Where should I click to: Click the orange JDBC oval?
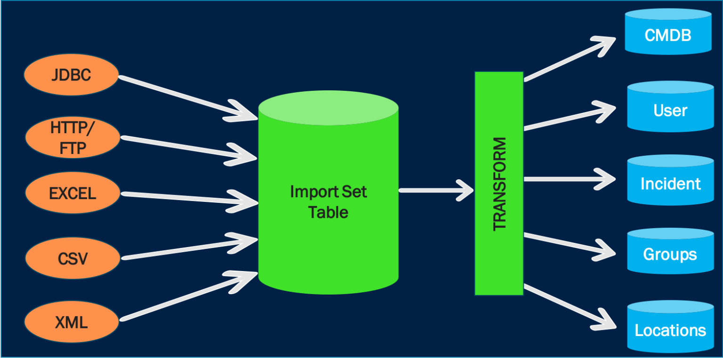pyautogui.click(x=71, y=75)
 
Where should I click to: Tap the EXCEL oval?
pyautogui.click(x=72, y=193)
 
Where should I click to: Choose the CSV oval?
pyautogui.click(x=72, y=258)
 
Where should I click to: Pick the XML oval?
pyautogui.click(x=71, y=322)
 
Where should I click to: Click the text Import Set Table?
pyautogui.click(x=328, y=202)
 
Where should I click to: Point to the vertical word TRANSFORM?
pyautogui.click(x=499, y=184)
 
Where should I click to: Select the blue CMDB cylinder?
pyautogui.click(x=667, y=35)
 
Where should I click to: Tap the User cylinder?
pyautogui.click(x=670, y=110)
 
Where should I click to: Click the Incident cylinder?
pyautogui.click(x=670, y=183)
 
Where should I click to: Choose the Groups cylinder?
pyautogui.click(x=670, y=255)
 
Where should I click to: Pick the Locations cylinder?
pyautogui.click(x=670, y=330)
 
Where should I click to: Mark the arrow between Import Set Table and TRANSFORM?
pyautogui.click(x=435, y=191)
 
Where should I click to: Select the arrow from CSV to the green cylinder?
pyautogui.click(x=188, y=248)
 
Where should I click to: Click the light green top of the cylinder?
pyautogui.click(x=328, y=108)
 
